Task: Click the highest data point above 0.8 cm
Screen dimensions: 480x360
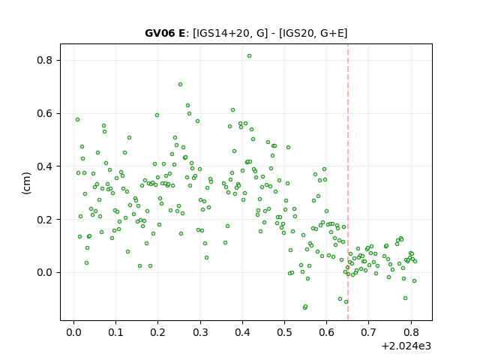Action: (250, 56)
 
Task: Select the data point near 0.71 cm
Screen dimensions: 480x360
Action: (180, 85)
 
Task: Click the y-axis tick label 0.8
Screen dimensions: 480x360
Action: (45, 60)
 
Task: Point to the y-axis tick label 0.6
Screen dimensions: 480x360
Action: (45, 113)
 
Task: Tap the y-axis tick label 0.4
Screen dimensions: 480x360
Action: (45, 166)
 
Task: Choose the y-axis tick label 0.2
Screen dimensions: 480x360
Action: (45, 220)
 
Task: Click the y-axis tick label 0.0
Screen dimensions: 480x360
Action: (45, 272)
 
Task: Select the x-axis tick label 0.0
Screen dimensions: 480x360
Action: (73, 332)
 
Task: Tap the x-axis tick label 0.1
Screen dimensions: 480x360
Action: (116, 332)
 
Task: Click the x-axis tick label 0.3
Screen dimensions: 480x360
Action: (200, 332)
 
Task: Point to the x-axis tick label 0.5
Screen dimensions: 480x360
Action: (285, 332)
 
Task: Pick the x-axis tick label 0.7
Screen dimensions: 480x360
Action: (369, 332)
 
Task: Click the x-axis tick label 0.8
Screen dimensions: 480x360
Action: (411, 332)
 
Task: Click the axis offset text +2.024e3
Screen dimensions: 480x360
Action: (406, 346)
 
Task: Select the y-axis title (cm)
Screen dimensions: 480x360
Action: (27, 183)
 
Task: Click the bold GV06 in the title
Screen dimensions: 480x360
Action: (157, 33)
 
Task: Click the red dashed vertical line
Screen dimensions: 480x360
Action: (348, 182)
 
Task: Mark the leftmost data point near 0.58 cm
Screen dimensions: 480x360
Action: (78, 120)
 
